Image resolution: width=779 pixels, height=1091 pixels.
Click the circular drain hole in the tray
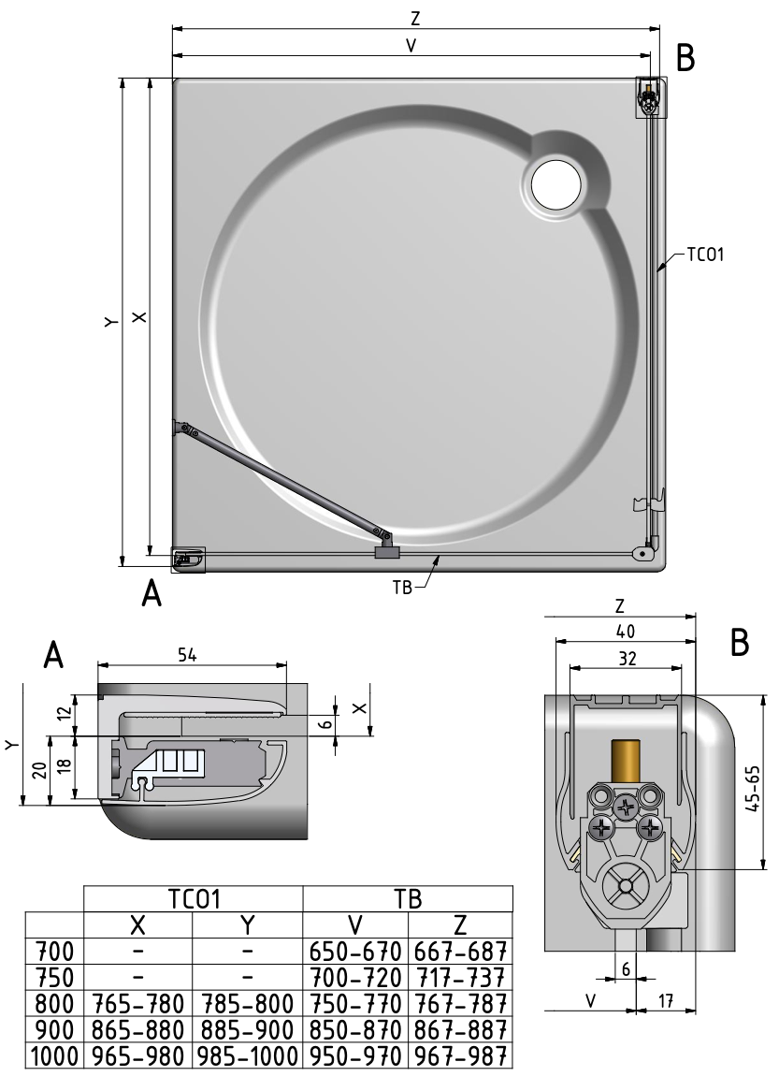tap(556, 183)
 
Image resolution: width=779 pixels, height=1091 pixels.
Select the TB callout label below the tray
tap(403, 590)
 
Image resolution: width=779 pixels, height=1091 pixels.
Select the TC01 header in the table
tap(194, 899)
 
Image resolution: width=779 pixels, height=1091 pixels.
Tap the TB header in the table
tap(409, 899)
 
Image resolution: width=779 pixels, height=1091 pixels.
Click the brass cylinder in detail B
tap(623, 760)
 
